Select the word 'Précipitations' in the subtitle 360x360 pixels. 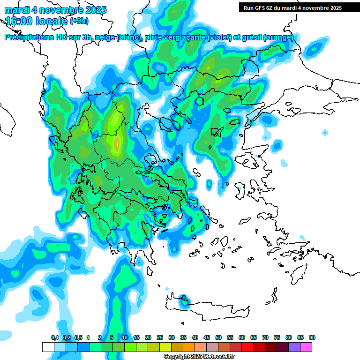(28, 37)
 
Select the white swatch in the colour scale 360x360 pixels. (48, 347)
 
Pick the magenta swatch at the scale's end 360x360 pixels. (306, 347)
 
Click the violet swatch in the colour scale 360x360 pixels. (294, 347)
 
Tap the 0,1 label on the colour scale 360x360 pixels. (55, 338)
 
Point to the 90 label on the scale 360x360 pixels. (312, 338)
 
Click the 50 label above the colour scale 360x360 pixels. (218, 338)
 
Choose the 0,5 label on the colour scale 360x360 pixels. (78, 338)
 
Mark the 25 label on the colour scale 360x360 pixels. (160, 338)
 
